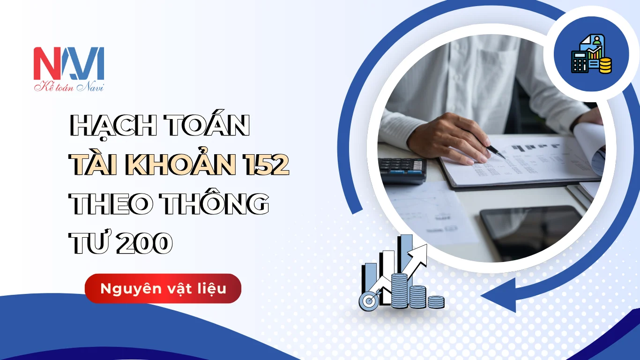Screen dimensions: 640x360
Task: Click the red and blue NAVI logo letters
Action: [69, 63]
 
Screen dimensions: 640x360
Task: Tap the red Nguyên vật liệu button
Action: [163, 288]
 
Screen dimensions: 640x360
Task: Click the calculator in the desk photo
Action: [402, 171]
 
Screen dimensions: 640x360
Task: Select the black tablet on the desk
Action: [531, 231]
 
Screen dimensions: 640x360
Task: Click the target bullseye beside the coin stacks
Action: [369, 301]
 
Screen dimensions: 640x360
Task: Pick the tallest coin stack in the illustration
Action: [400, 291]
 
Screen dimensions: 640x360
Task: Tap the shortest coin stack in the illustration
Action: [436, 302]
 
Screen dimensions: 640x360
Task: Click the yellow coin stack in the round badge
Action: [605, 66]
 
